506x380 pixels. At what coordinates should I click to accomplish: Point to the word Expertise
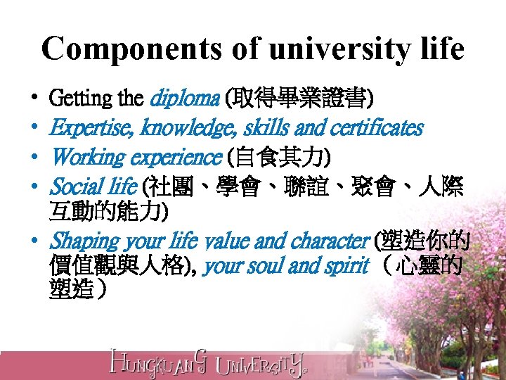pos(92,128)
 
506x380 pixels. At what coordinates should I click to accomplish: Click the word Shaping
pos(84,242)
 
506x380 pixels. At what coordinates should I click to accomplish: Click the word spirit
pos(349,266)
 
